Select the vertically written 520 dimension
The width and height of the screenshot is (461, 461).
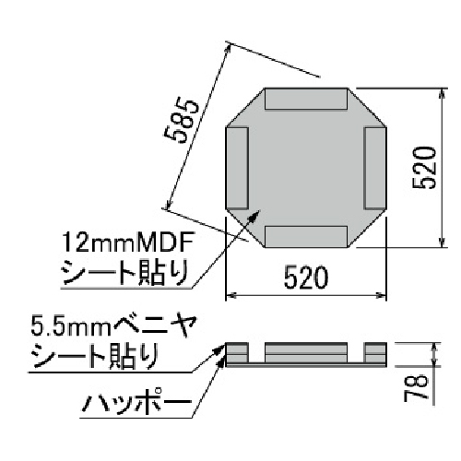pyautogui.click(x=423, y=167)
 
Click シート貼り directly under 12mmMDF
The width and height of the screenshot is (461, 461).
pyautogui.click(x=124, y=273)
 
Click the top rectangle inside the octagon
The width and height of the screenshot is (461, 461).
pyautogui.click(x=306, y=99)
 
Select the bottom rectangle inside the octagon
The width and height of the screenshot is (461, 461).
pyautogui.click(x=306, y=235)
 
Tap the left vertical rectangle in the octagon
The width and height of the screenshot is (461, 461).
pyautogui.click(x=238, y=167)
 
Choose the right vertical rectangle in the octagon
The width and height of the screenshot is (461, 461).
pyautogui.click(x=375, y=167)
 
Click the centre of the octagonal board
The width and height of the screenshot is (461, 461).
pyautogui.click(x=306, y=167)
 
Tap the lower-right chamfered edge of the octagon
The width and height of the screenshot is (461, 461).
pyautogui.click(x=368, y=229)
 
